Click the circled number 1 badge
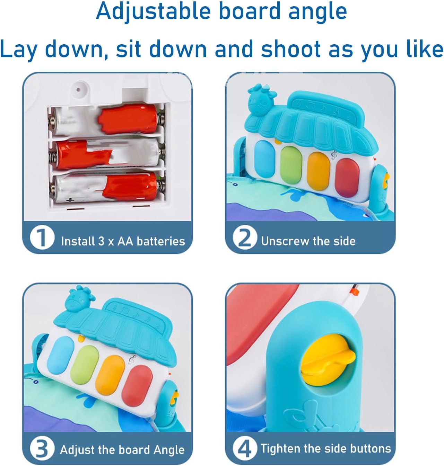42,238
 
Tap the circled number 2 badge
245,238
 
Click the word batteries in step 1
161,241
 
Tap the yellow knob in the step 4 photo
328,359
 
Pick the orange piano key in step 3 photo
110,375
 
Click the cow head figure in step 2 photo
261,100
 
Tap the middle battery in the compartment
107,154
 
